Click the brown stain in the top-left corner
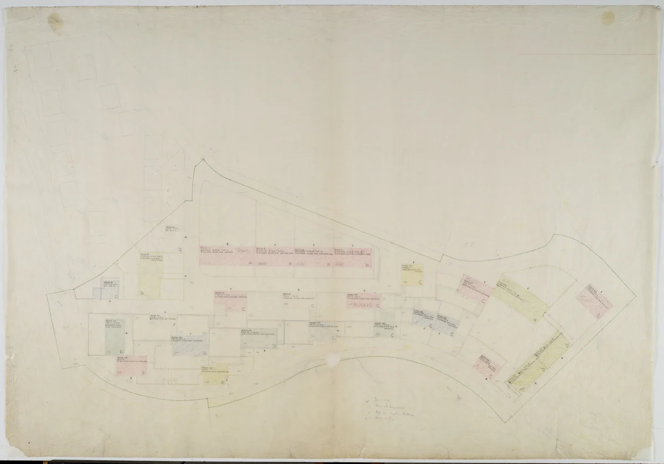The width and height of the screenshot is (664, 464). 56,22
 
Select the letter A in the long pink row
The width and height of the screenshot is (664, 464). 250,264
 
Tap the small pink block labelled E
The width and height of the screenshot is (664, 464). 131,366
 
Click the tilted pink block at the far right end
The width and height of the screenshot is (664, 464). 594,302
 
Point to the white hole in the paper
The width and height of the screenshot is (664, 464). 333,360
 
